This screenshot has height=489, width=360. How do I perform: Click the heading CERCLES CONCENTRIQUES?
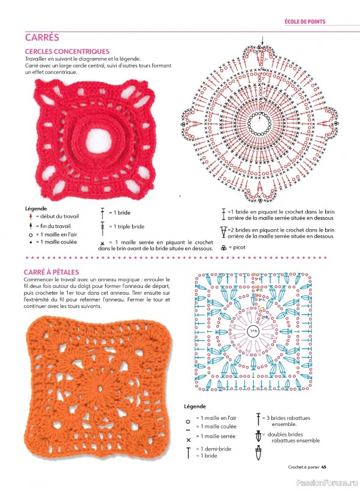(x=67, y=51)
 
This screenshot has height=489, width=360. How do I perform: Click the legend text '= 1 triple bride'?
(x=127, y=226)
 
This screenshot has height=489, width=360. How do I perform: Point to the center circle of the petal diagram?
(x=252, y=331)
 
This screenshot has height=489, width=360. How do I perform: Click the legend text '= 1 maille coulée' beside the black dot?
(x=57, y=241)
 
